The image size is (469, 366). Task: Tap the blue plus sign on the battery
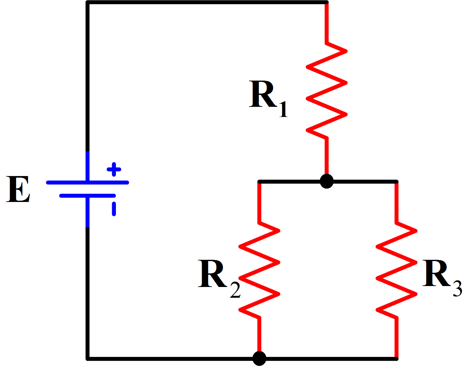114,169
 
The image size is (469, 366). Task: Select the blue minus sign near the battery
114,209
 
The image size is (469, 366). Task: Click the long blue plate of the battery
88,182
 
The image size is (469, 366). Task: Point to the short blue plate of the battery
88,196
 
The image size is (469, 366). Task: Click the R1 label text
268,96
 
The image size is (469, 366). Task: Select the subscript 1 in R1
283,109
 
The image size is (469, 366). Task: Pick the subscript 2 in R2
235,289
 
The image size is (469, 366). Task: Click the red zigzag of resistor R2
259,270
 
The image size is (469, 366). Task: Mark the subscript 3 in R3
458,288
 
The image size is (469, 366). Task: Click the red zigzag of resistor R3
396,270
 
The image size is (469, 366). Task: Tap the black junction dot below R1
326,181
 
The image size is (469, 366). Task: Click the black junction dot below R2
259,358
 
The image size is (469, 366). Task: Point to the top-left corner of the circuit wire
88,3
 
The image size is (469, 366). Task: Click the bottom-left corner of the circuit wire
88,358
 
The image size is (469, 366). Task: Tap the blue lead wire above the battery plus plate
88,166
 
